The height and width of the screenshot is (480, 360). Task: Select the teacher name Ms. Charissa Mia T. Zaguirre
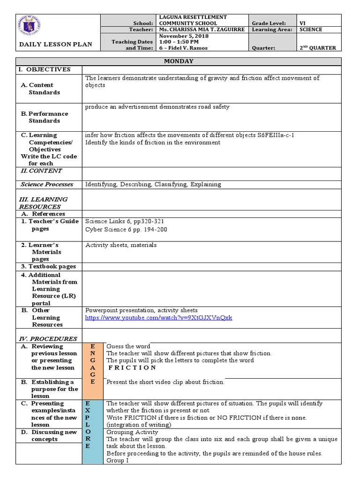(202, 30)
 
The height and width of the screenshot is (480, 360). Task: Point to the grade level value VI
(303, 23)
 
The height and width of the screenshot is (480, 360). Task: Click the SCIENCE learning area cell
(311, 30)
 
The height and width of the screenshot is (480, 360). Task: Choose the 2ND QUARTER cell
(318, 48)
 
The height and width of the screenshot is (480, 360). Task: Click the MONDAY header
(179, 61)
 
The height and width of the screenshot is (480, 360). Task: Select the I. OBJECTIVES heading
(45, 69)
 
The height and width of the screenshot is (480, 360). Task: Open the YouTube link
(158, 318)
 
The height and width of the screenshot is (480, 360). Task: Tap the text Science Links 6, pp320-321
(125, 221)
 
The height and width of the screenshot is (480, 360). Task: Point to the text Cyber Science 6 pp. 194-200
(126, 230)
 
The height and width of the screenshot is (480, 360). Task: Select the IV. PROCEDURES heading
(48, 339)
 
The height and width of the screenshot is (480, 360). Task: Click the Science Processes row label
(47, 185)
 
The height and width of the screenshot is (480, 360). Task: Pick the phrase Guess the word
(128, 346)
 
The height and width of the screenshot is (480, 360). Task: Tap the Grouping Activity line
(132, 432)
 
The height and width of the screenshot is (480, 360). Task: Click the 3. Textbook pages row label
(48, 267)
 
